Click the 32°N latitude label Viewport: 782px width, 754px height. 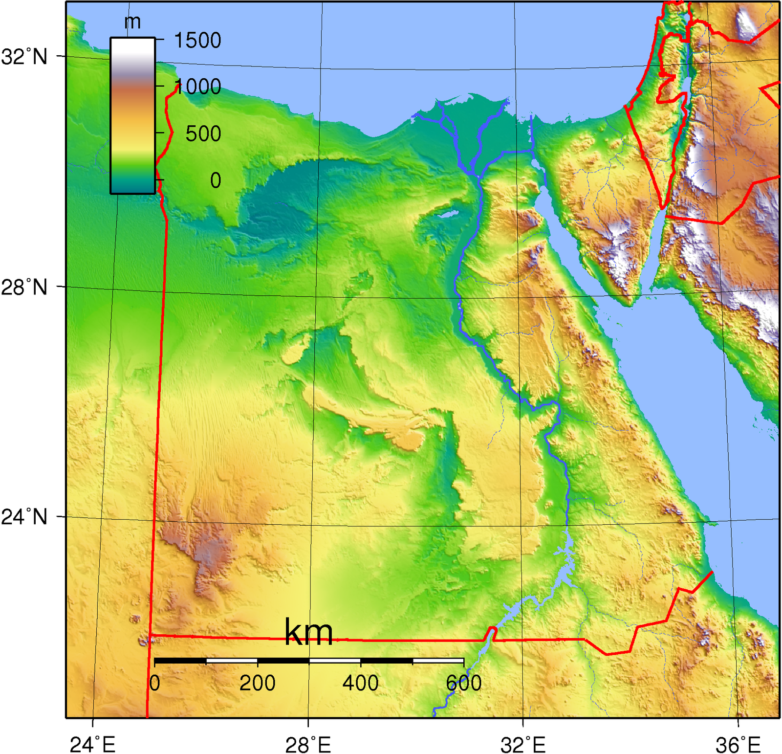pos(24,57)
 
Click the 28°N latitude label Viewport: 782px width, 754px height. pos(24,287)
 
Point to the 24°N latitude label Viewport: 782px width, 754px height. pos(24,516)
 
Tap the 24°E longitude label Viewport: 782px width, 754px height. pos(92,745)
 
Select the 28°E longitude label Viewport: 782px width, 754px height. pos(308,745)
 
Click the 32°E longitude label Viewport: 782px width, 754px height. pos(523,745)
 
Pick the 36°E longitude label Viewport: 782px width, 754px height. pos(738,745)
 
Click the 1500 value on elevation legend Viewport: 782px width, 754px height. pos(197,41)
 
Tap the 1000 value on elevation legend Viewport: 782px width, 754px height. pos(197,87)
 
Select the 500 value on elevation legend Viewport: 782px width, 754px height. pos(203,134)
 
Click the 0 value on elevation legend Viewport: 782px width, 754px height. pos(216,180)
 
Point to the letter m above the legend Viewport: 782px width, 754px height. pos(132,22)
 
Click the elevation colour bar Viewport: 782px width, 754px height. pos(132,115)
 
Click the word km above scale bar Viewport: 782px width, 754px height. pos(308,632)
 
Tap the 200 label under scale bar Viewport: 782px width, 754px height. pos(257,683)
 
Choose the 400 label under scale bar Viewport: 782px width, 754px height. pos(360,683)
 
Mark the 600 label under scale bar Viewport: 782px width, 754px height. pos(463,683)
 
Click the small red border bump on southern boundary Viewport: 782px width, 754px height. pos(492,632)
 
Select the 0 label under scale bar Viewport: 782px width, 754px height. pos(155,683)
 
